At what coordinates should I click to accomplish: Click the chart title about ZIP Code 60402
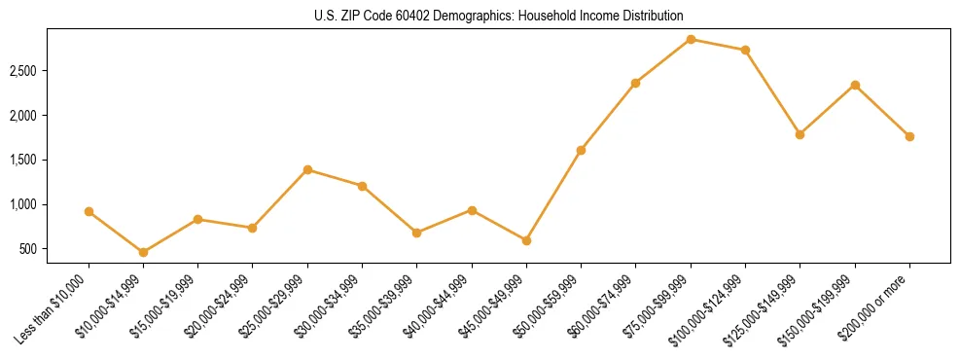click(x=480, y=16)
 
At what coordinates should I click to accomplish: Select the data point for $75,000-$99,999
click(x=691, y=39)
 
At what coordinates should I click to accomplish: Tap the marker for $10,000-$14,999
click(x=144, y=252)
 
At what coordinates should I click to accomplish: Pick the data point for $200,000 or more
click(x=909, y=136)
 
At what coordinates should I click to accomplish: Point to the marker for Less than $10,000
click(x=89, y=211)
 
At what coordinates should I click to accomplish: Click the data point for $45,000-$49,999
click(x=526, y=240)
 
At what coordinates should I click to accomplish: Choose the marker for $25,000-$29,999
click(x=307, y=169)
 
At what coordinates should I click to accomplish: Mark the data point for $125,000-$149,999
click(x=800, y=134)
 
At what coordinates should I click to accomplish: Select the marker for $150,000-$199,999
click(x=855, y=85)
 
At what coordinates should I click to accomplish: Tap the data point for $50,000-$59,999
click(x=581, y=150)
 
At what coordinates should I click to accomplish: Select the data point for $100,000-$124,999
click(x=745, y=50)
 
